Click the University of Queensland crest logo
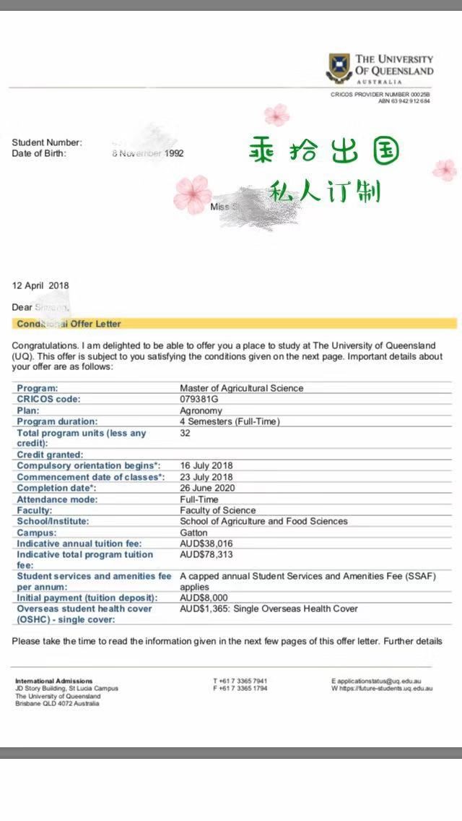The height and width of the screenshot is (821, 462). click(x=340, y=66)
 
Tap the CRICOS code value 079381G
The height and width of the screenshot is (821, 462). click(x=200, y=399)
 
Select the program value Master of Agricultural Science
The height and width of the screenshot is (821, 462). click(x=241, y=388)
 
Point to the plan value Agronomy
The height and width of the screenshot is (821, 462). click(x=201, y=410)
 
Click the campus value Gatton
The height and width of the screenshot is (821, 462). click(x=193, y=532)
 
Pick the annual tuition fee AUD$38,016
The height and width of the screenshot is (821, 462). click(x=206, y=543)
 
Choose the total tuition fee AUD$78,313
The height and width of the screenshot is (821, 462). click(x=206, y=554)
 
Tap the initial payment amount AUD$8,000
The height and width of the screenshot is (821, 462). click(x=204, y=598)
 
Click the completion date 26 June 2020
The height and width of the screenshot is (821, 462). click(x=207, y=488)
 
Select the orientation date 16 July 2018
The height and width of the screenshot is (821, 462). click(x=206, y=465)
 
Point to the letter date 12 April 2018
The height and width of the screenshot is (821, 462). click(x=40, y=285)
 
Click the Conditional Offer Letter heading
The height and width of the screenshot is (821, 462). click(x=69, y=324)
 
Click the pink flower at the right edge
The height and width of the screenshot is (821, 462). click(x=444, y=170)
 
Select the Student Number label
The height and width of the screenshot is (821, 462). click(x=47, y=142)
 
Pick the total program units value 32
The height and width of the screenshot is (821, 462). click(x=185, y=433)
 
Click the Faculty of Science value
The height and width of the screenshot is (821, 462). click(x=217, y=510)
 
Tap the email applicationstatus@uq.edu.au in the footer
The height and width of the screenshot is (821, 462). click(x=378, y=681)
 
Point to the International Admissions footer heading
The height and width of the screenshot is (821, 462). click(x=54, y=681)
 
